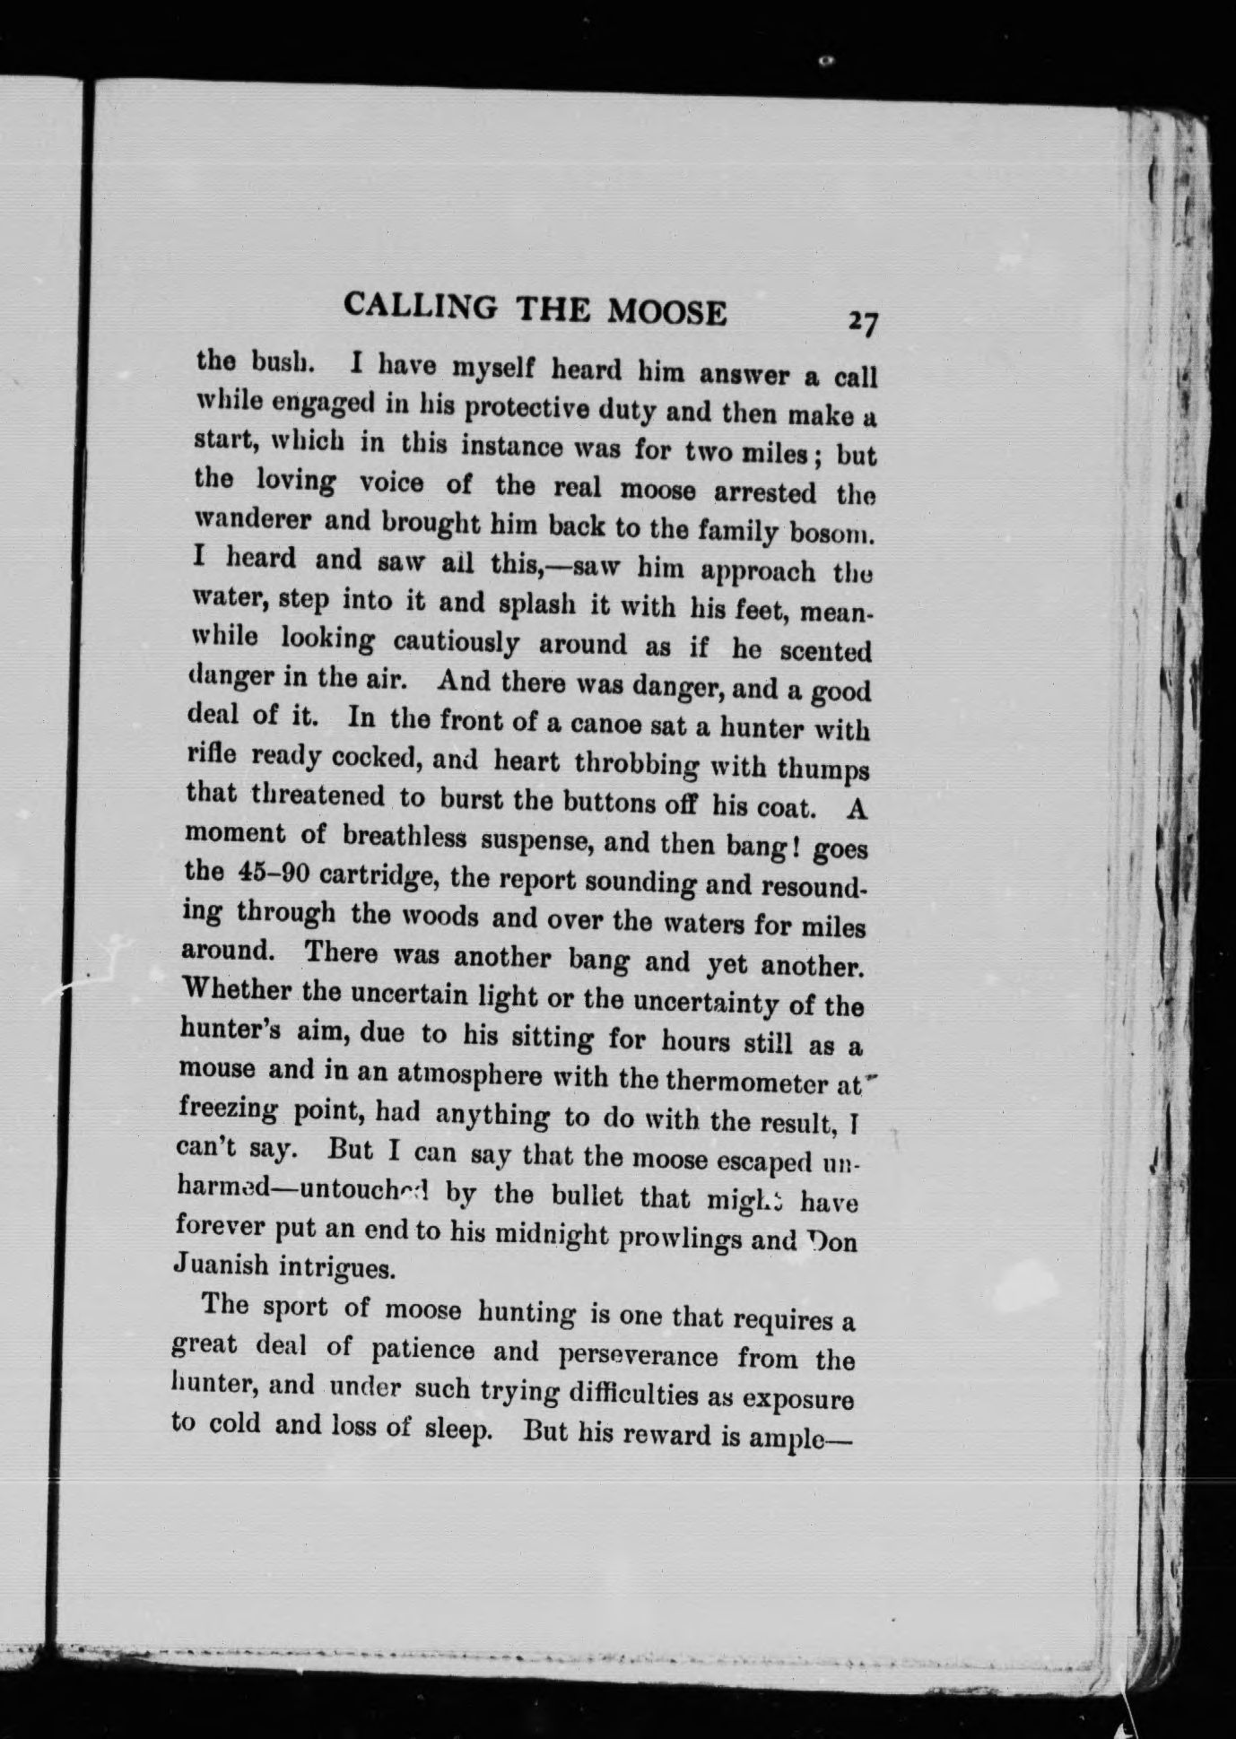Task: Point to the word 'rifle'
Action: pyautogui.click(x=213, y=754)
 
